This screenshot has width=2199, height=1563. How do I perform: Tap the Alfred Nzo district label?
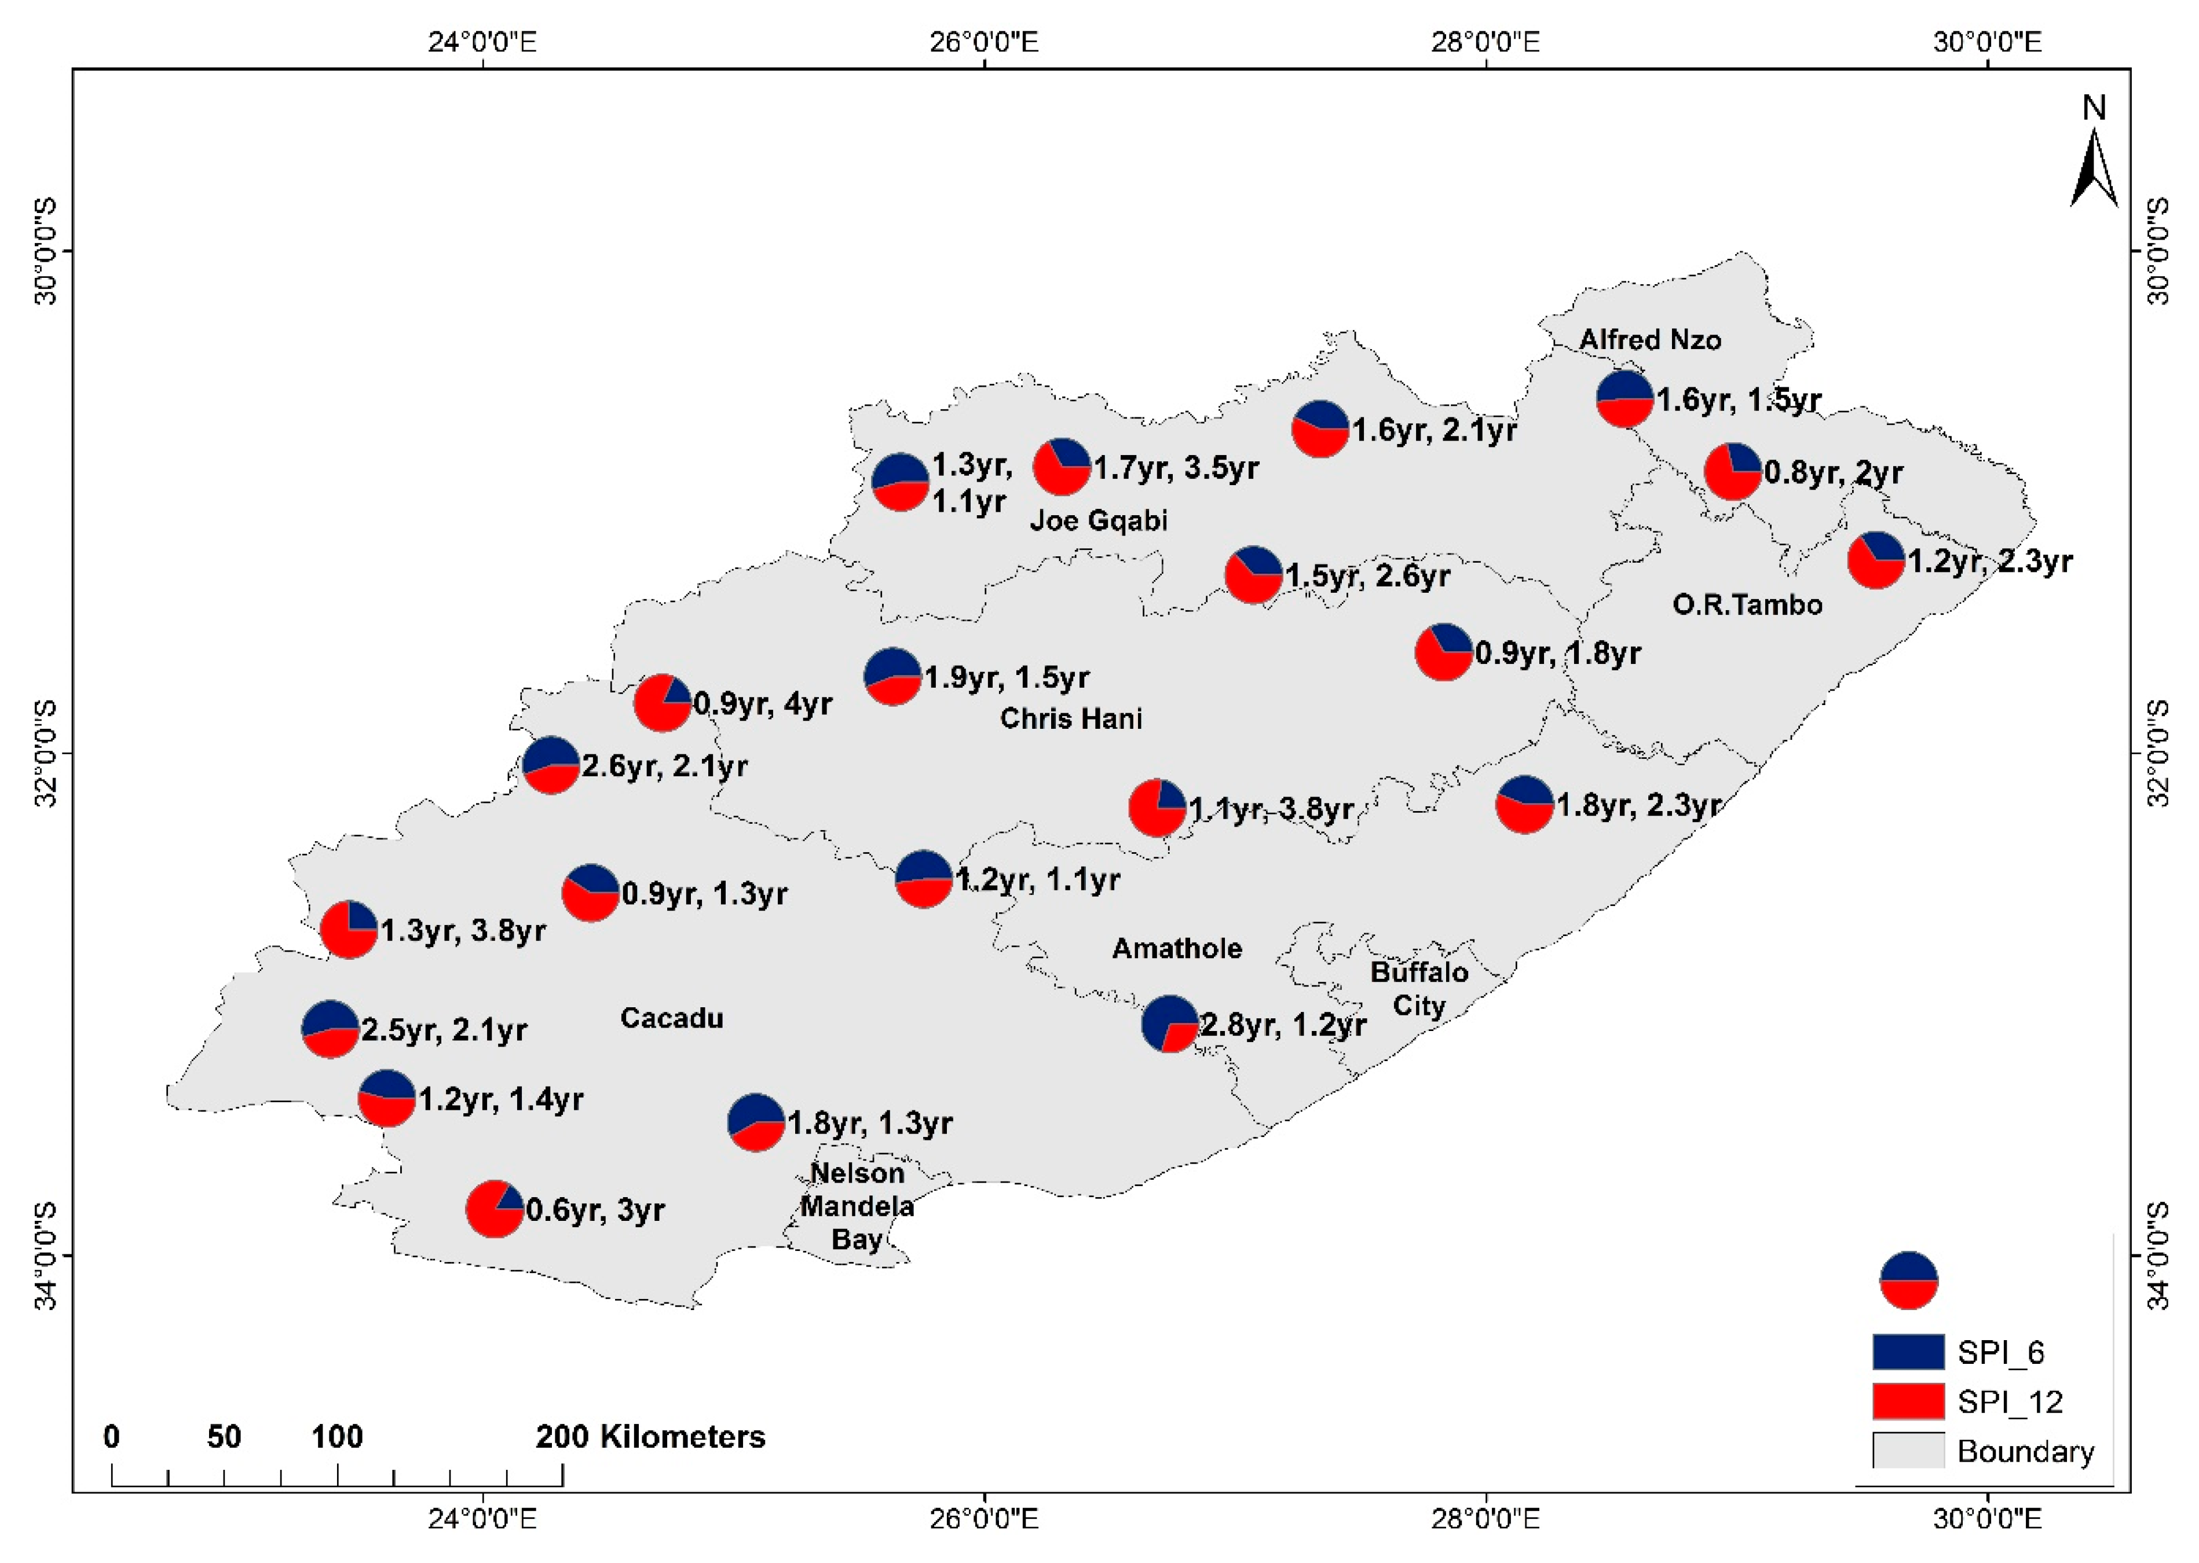[1650, 340]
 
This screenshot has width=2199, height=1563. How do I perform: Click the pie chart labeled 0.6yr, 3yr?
[494, 1209]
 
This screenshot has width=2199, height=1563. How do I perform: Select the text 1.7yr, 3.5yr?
[1176, 469]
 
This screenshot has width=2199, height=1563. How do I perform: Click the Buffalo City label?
[1419, 988]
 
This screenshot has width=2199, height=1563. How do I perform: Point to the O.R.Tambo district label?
[1747, 604]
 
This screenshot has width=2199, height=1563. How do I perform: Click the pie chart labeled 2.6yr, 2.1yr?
[551, 765]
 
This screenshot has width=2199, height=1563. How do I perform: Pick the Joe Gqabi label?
[1099, 520]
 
